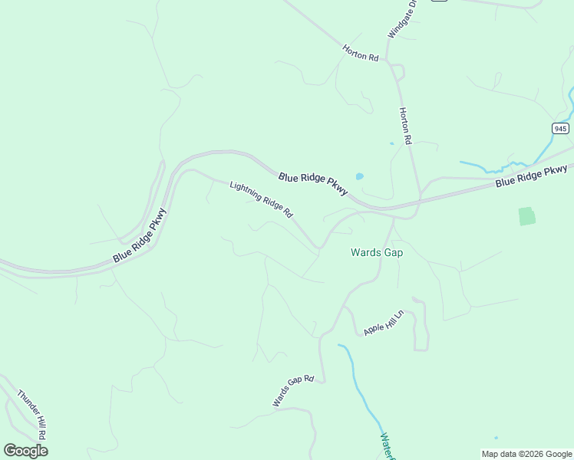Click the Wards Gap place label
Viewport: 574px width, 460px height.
point(377,251)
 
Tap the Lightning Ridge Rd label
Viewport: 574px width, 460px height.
point(262,199)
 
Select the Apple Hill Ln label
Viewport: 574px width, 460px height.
point(384,323)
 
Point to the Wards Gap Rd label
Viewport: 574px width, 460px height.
point(293,391)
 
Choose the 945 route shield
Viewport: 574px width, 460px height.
point(560,128)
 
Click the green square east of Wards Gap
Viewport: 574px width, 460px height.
point(526,216)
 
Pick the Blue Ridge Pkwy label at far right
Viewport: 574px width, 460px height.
point(530,177)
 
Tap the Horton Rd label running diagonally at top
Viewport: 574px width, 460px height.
point(361,52)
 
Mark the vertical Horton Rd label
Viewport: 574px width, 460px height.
point(406,126)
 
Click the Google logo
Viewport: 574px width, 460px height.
point(25,451)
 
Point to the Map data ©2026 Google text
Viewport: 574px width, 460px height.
point(526,454)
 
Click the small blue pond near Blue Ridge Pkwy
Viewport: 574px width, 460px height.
point(359,176)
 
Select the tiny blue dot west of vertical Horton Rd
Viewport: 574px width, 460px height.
point(391,143)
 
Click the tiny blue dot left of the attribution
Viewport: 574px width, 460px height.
point(496,438)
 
